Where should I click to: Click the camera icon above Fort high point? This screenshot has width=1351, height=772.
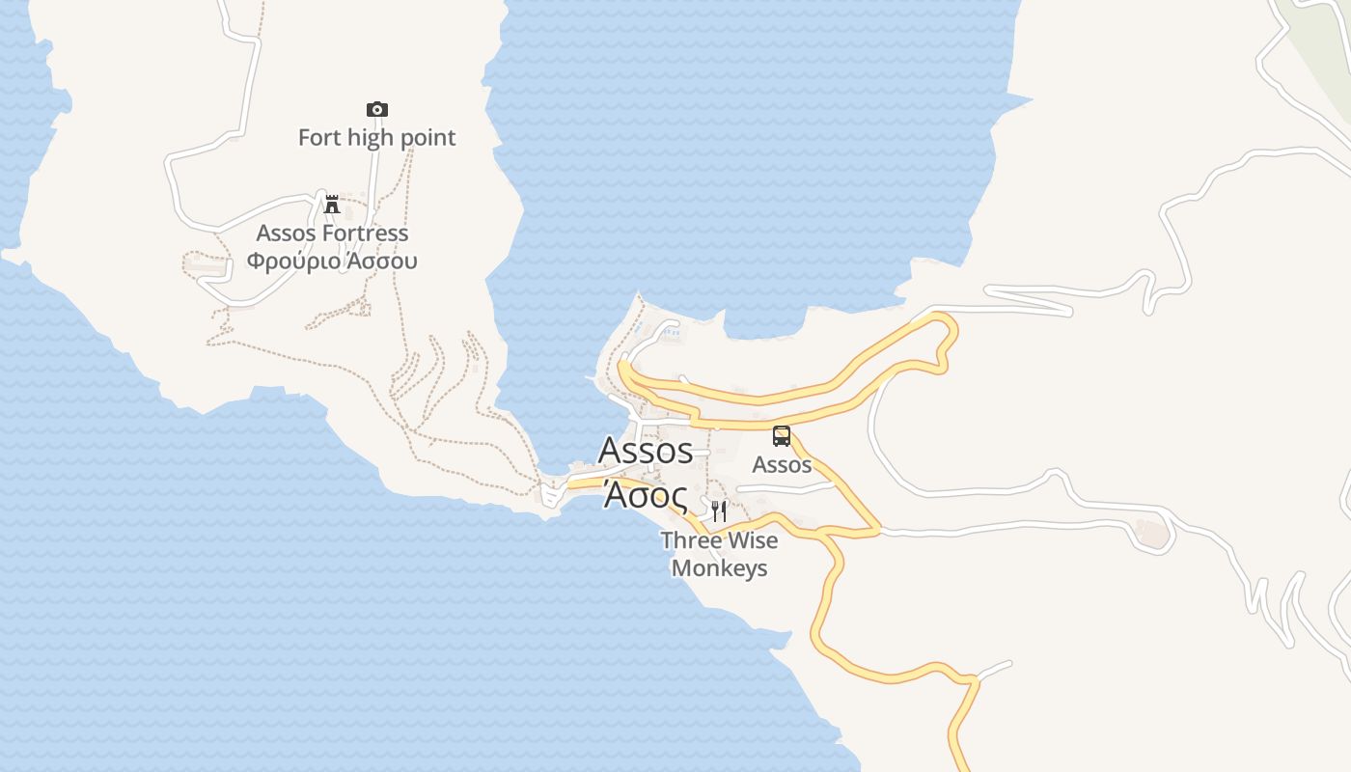coord(376,109)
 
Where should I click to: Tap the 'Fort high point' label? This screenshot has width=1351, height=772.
coord(376,137)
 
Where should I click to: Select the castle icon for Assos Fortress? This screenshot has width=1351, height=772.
coord(332,204)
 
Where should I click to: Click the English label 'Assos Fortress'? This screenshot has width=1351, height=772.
coord(332,233)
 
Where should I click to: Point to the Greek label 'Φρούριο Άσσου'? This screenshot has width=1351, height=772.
coord(332,261)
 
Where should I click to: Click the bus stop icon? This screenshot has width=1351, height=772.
coord(782,435)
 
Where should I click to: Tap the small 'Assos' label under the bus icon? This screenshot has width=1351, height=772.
coord(782,464)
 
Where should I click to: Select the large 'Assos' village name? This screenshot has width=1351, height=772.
coord(646,450)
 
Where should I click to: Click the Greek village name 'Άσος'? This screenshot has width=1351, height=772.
coord(646,494)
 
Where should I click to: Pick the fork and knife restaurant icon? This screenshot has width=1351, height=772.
coord(718,510)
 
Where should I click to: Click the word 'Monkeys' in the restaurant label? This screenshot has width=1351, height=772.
coord(720,567)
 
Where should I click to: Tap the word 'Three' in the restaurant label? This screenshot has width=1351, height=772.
coord(691,540)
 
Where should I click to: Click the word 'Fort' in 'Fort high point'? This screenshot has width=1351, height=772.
coord(319,137)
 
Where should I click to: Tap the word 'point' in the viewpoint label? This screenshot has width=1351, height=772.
coord(427,137)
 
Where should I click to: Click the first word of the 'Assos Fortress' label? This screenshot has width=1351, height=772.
coord(287,233)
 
